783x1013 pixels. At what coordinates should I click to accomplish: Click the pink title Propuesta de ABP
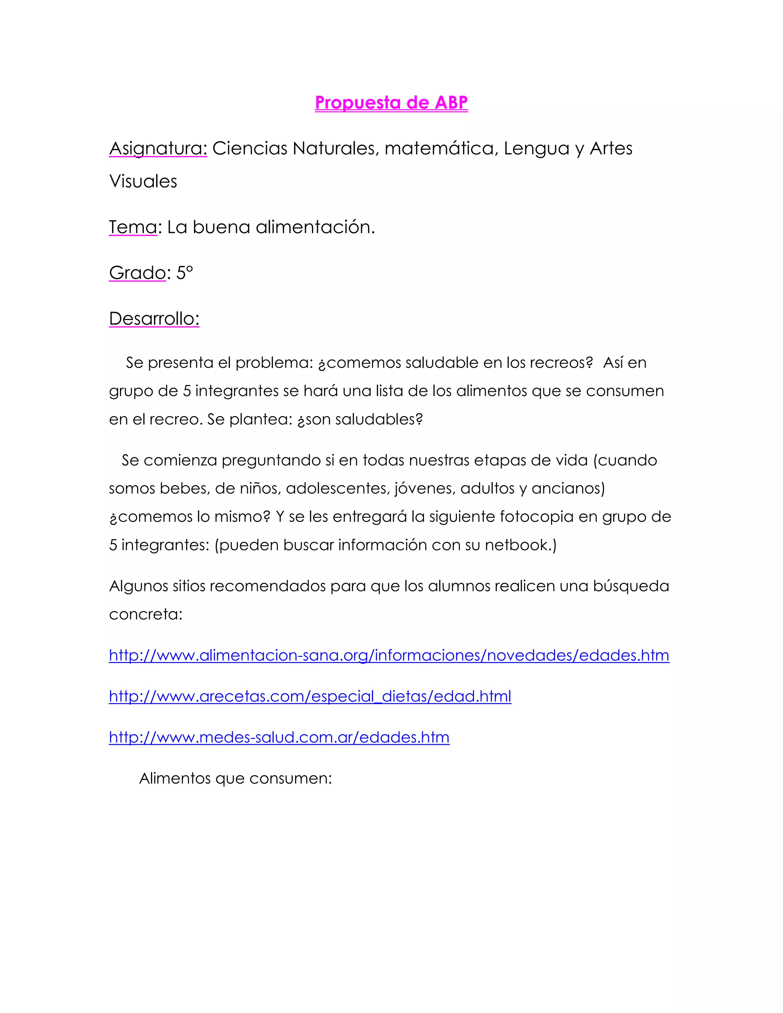point(391,102)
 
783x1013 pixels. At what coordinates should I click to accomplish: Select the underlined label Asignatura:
point(158,148)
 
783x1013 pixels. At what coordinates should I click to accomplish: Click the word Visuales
point(143,181)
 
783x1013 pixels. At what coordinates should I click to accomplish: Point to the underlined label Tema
point(133,227)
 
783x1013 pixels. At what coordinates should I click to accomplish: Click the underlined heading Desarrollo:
point(154,319)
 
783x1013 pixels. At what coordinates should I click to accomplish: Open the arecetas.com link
point(310,696)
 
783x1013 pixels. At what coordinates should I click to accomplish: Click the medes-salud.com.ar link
point(279,737)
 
